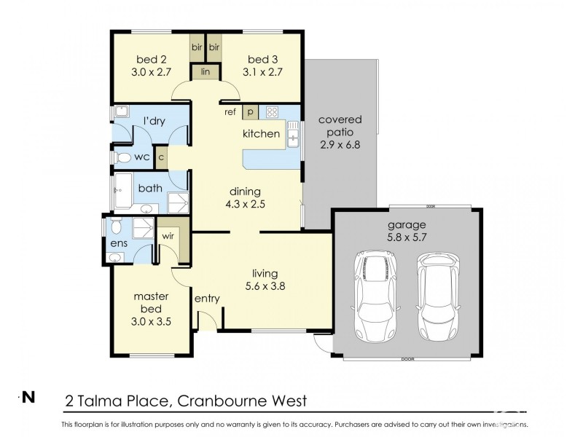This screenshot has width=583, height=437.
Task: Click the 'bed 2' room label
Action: click(149, 59)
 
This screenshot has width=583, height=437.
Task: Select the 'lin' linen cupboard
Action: click(206, 72)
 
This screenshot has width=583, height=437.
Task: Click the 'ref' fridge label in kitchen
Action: click(230, 111)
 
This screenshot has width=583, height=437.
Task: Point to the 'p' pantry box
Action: click(250, 111)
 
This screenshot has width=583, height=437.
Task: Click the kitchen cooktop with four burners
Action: click(271, 111)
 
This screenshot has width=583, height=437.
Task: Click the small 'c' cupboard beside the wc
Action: click(161, 157)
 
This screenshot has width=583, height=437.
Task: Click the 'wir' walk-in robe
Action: click(168, 236)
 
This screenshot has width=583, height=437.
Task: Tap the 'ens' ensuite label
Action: click(117, 242)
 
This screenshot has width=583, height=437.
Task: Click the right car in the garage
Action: click(437, 296)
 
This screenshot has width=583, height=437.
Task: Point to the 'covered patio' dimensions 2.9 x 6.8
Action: click(340, 145)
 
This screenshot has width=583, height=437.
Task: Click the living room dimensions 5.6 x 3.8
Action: click(264, 286)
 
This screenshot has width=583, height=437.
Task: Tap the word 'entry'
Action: click(207, 299)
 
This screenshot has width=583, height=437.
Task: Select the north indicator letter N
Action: click(28, 397)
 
